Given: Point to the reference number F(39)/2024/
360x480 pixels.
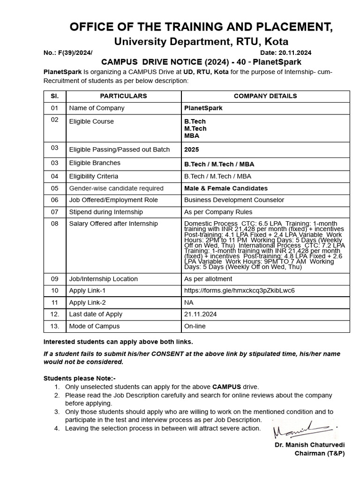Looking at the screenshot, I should pyautogui.click(x=68, y=53).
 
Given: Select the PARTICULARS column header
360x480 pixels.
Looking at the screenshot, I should pyautogui.click(x=123, y=96).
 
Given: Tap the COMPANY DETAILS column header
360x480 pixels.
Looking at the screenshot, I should pyautogui.click(x=265, y=96).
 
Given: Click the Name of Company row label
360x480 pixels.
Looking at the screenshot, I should pyautogui.click(x=97, y=108).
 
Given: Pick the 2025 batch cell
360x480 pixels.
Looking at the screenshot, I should pyautogui.click(x=191, y=150).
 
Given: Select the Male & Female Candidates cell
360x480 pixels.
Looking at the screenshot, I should pyautogui.click(x=226, y=188).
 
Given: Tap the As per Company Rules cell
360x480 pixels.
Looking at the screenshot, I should pyautogui.click(x=218, y=212).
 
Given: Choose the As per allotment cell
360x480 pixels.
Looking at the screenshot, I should pyautogui.click(x=208, y=279).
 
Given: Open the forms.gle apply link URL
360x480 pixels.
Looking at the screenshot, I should pyautogui.click(x=240, y=291).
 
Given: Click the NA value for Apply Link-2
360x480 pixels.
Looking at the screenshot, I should pyautogui.click(x=189, y=303).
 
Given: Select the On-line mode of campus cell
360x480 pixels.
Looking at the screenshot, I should pyautogui.click(x=195, y=326).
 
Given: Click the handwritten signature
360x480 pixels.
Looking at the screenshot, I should pyautogui.click(x=305, y=429).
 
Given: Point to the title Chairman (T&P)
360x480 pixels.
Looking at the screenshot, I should pyautogui.click(x=319, y=454).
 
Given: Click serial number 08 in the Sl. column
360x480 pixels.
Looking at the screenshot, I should pyautogui.click(x=55, y=224).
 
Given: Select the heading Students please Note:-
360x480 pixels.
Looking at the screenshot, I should pyautogui.click(x=80, y=378).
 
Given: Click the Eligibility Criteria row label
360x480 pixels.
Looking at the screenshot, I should pyautogui.click(x=94, y=177).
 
